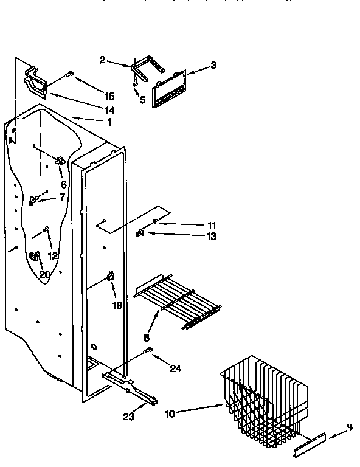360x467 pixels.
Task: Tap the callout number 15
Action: click(x=109, y=96)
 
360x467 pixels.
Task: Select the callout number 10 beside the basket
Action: click(x=170, y=413)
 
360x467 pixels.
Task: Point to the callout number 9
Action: click(x=350, y=427)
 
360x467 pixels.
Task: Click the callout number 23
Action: click(x=129, y=416)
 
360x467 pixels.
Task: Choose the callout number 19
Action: click(x=117, y=305)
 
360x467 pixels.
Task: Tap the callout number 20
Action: click(x=45, y=274)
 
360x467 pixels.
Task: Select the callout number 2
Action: click(x=103, y=59)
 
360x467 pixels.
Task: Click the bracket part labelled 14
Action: click(x=36, y=82)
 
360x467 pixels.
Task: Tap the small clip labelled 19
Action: click(x=111, y=278)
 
